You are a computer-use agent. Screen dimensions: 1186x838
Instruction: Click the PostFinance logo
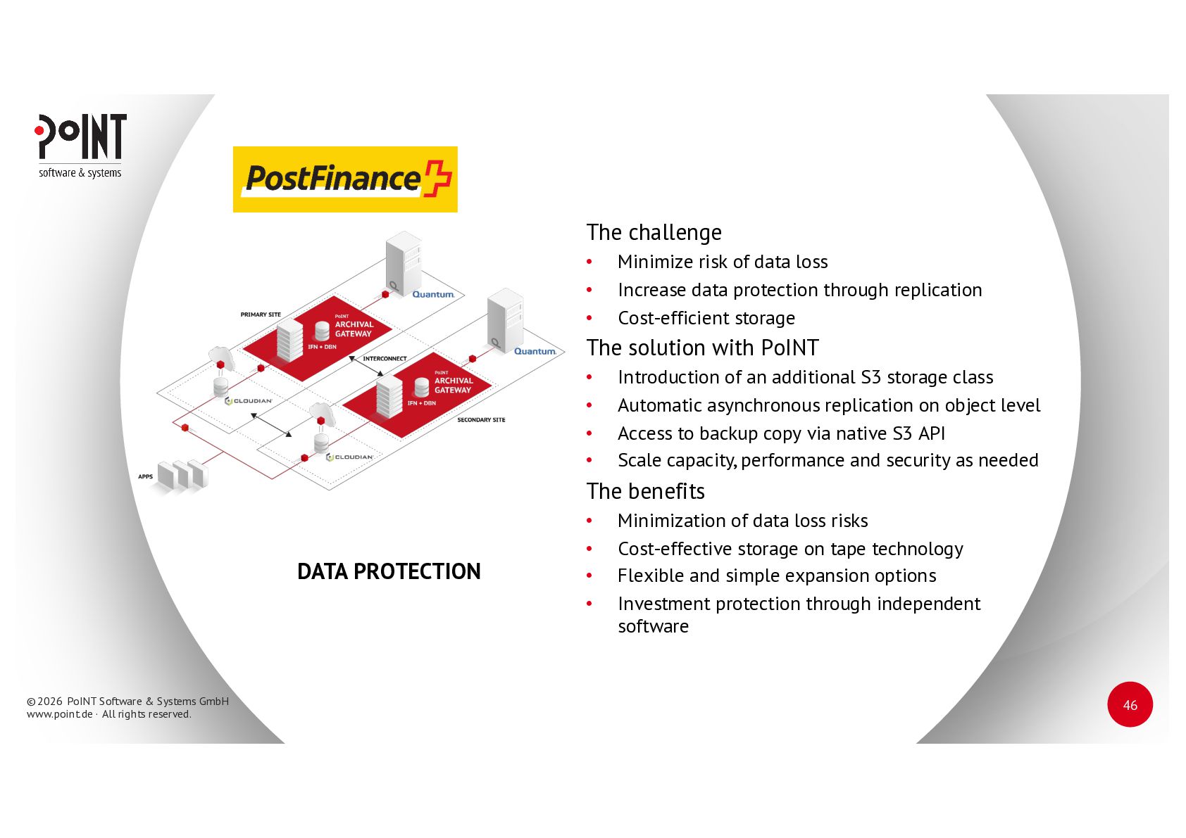tap(345, 179)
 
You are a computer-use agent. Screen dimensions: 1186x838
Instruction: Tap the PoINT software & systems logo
tap(81, 146)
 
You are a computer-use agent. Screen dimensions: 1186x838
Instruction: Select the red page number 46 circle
tap(1130, 704)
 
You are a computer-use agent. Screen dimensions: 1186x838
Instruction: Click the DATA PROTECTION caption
tap(389, 571)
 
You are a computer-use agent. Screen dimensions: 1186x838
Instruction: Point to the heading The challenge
tap(654, 232)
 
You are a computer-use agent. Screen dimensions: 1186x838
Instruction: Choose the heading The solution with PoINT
tap(702, 348)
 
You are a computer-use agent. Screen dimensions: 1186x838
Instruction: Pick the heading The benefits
tap(645, 491)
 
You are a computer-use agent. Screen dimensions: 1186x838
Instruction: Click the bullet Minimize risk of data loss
tap(722, 262)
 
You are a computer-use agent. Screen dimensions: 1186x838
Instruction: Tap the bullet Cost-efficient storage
tap(706, 318)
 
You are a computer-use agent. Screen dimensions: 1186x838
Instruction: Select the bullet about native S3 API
tap(780, 433)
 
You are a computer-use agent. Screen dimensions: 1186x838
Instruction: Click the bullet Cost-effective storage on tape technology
tap(789, 549)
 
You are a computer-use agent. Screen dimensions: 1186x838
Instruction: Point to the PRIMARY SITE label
tap(261, 315)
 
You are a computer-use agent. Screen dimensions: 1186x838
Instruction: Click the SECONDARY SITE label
tap(481, 420)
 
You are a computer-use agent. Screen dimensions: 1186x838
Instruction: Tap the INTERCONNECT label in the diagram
tap(385, 359)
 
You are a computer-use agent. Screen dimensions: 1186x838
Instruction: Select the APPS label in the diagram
tap(145, 477)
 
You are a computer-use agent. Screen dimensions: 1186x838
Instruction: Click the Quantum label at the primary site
tap(433, 295)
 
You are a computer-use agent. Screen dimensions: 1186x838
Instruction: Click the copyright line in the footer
tap(127, 701)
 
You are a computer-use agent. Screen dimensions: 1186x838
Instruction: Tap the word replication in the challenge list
tap(937, 290)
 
